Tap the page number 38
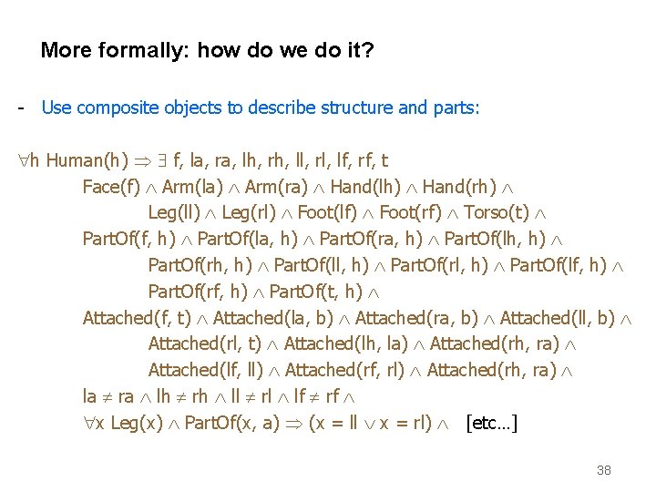coord(603,470)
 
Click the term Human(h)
coord(87,161)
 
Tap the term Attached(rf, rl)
coord(345,370)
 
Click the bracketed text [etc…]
coord(491,424)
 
